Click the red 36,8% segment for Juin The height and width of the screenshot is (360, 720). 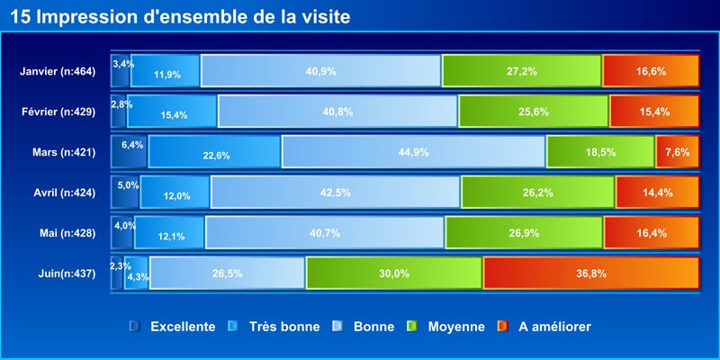(591, 273)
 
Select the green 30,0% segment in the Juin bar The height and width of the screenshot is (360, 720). (394, 273)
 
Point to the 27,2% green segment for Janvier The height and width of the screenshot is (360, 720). (522, 70)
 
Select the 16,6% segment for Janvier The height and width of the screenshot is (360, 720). (651, 70)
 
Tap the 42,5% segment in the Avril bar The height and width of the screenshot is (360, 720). (336, 192)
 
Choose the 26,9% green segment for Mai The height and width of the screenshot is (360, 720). (524, 232)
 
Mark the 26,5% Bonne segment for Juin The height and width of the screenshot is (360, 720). (228, 273)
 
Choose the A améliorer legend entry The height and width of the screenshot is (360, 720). (554, 326)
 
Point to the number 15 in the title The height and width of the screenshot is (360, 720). (19, 17)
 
